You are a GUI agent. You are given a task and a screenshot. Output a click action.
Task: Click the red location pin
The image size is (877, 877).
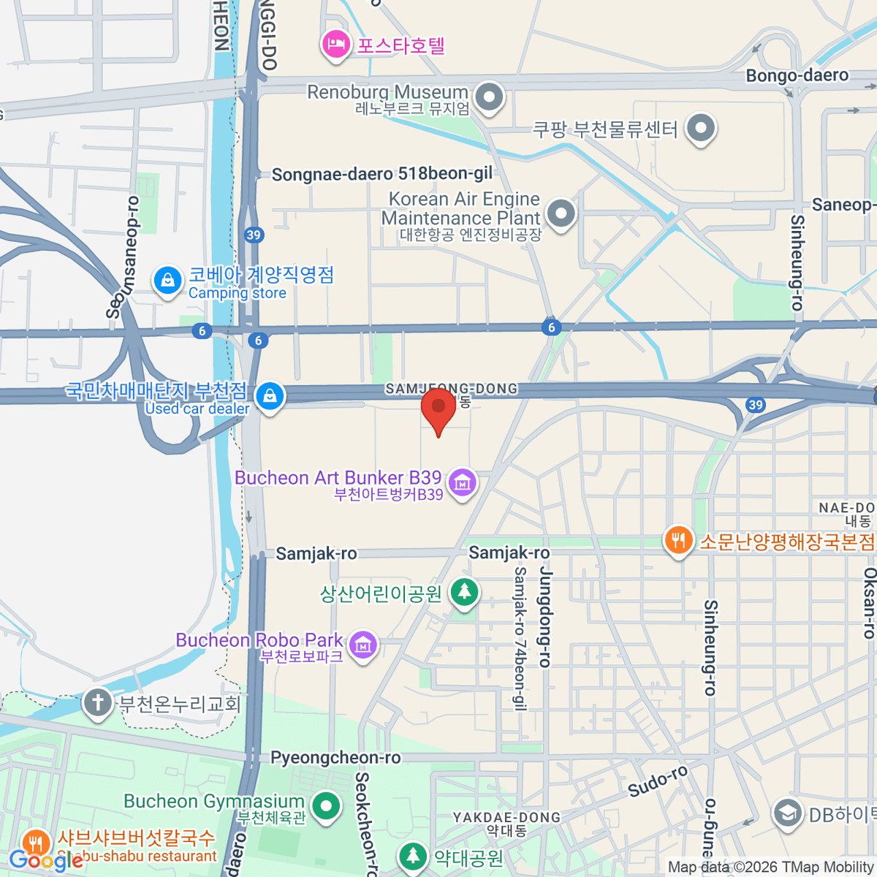click(x=438, y=408)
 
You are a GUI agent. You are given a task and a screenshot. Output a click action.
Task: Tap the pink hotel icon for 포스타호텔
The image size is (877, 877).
click(x=336, y=45)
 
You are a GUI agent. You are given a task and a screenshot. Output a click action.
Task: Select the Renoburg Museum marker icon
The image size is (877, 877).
click(x=489, y=96)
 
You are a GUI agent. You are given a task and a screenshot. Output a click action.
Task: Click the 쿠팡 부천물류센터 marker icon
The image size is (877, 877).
click(x=701, y=128)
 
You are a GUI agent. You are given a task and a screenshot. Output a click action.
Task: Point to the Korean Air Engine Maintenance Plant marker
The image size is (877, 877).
click(x=561, y=213)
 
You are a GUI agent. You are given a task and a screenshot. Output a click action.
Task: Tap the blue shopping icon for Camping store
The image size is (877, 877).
click(x=167, y=280)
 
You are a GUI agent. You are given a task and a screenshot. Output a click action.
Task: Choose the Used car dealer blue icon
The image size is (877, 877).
click(x=270, y=396)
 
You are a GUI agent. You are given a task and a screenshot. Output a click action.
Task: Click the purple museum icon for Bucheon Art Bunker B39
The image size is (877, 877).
click(x=462, y=482)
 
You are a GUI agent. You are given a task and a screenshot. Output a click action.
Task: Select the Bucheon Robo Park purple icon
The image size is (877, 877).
click(x=363, y=645)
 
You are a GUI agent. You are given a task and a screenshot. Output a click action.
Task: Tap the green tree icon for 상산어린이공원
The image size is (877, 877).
click(x=464, y=591)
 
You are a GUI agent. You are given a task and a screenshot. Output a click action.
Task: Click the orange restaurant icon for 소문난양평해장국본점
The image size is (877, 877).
click(x=678, y=541)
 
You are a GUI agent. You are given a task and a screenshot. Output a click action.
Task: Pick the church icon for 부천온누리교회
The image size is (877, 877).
click(x=97, y=702)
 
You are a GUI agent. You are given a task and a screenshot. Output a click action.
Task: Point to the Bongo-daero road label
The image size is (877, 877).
click(x=797, y=75)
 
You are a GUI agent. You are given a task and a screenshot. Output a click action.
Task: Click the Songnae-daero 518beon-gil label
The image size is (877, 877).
click(x=381, y=174)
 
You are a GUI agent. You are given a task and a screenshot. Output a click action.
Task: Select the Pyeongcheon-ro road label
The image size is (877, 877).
click(x=335, y=758)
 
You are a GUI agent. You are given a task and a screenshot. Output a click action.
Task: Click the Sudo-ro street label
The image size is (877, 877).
click(x=658, y=781)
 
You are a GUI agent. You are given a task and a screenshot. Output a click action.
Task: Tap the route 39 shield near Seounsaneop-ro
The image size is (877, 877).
click(x=254, y=235)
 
